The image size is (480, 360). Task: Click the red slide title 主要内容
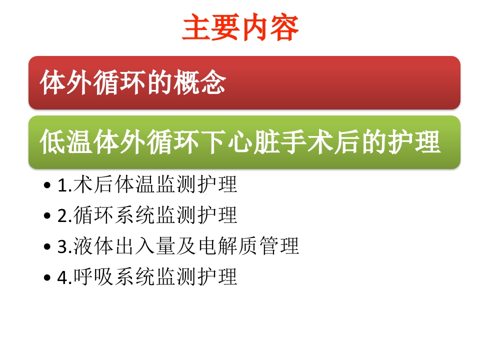coord(240,28)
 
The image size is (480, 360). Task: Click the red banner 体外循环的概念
coord(244,82)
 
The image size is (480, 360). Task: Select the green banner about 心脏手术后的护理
coord(244,142)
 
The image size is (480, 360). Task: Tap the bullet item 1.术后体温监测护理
coord(147,185)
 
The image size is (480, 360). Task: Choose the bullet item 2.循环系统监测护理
coord(147,215)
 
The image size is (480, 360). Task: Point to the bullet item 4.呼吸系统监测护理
coord(147,276)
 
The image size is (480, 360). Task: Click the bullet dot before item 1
coord(47,186)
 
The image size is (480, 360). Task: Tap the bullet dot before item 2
coord(47,216)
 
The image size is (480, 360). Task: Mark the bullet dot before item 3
coord(47,247)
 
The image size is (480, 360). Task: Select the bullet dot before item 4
coord(47,277)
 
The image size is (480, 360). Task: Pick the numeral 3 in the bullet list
coord(61,246)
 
